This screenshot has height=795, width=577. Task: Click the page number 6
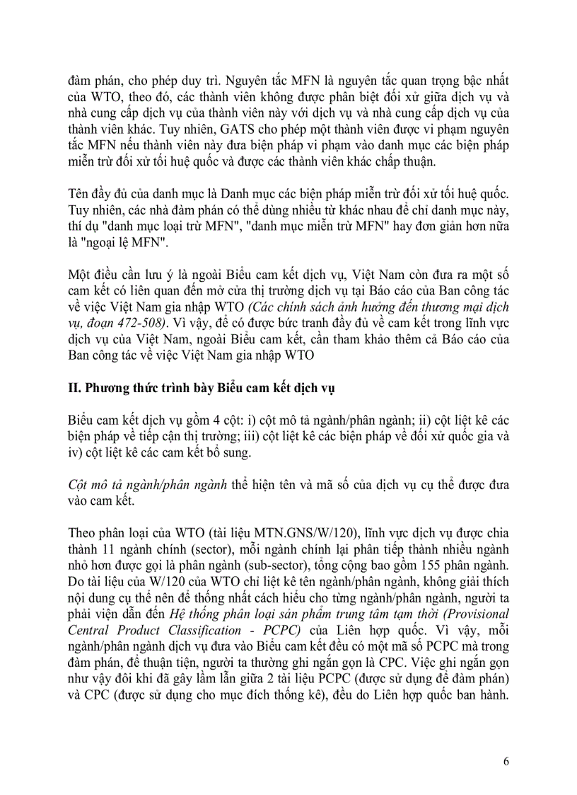(506, 762)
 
